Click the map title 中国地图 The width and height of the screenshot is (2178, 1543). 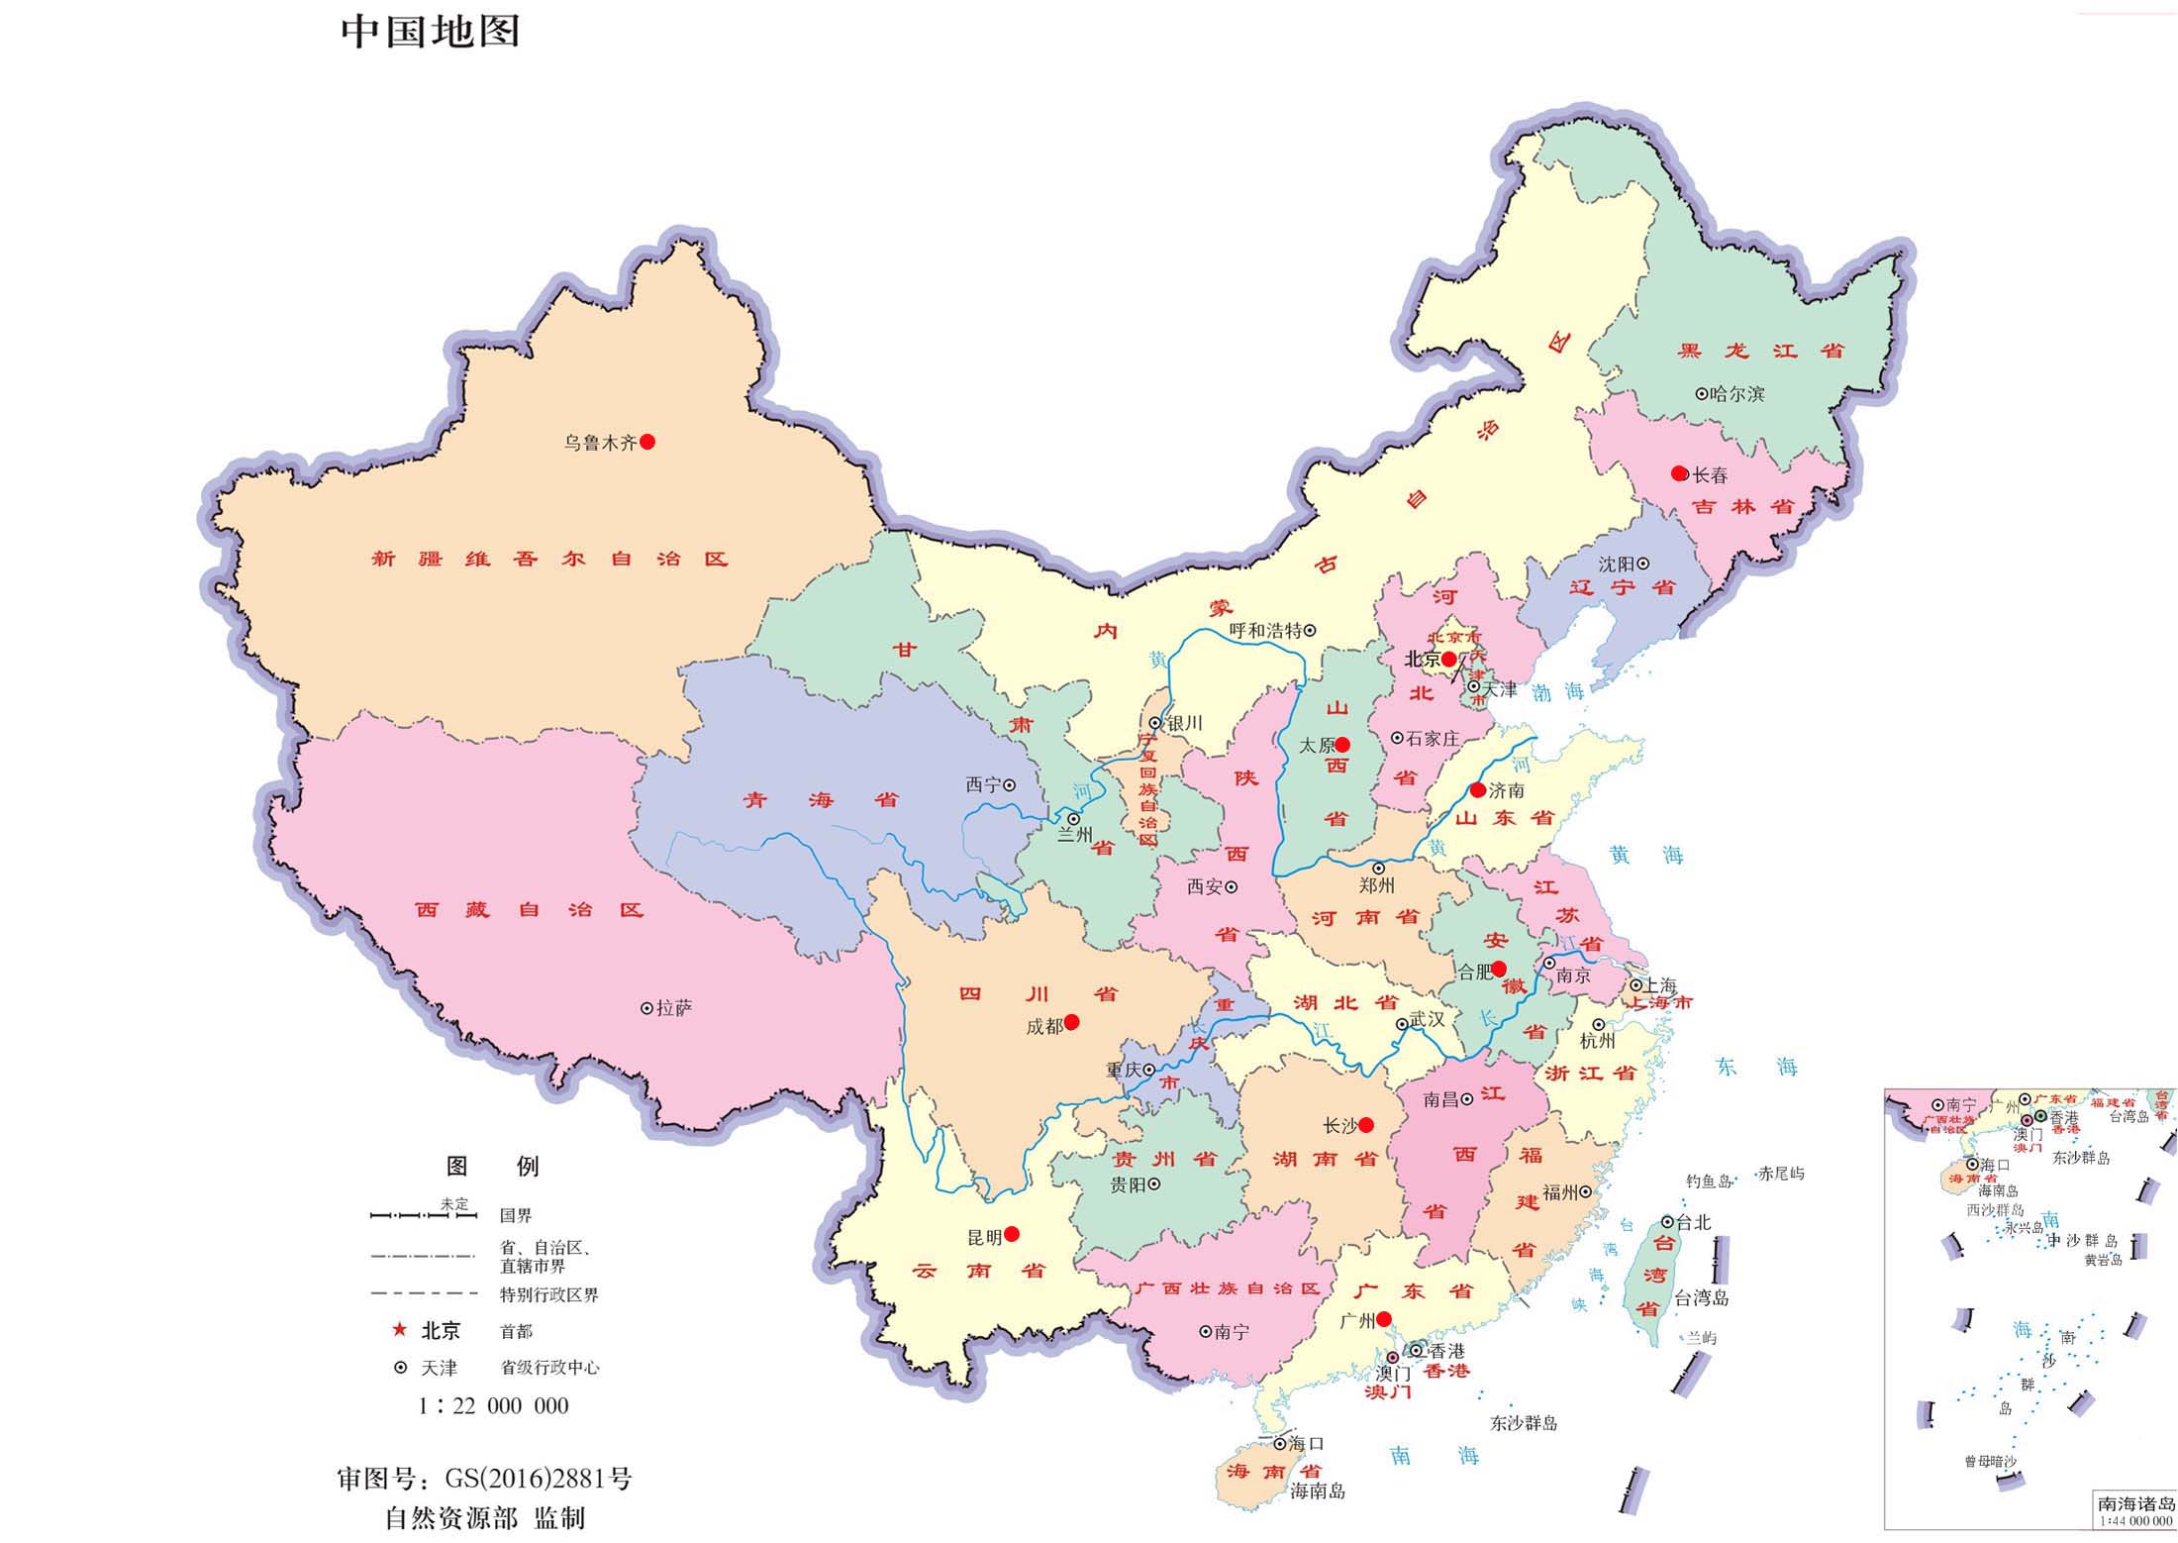pyautogui.click(x=430, y=32)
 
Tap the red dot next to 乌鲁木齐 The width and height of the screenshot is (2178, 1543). pyautogui.click(x=647, y=443)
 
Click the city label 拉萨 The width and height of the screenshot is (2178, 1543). pyautogui.click(x=674, y=1008)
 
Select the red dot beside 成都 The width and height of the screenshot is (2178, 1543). pyautogui.click(x=1071, y=1022)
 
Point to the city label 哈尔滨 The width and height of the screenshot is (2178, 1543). pyautogui.click(x=1737, y=394)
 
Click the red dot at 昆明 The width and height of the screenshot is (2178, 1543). pyautogui.click(x=1012, y=1234)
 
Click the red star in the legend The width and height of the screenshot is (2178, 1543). pyautogui.click(x=400, y=1330)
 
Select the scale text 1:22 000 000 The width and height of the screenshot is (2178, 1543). pyautogui.click(x=493, y=1406)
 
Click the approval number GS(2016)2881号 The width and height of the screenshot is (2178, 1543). pyautogui.click(x=538, y=1480)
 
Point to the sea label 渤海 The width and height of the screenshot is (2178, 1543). pyautogui.click(x=1559, y=691)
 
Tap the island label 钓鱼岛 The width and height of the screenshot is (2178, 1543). pyautogui.click(x=1709, y=1182)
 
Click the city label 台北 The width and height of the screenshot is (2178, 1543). pyautogui.click(x=1693, y=1222)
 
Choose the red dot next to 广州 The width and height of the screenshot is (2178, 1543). pyautogui.click(x=1384, y=1318)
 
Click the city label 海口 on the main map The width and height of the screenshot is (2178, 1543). pyautogui.click(x=1306, y=1444)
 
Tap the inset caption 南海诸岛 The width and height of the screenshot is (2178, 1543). pyautogui.click(x=2136, y=1503)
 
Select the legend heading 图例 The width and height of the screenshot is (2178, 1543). pyautogui.click(x=492, y=1167)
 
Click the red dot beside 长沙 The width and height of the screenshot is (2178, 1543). pyautogui.click(x=1366, y=1124)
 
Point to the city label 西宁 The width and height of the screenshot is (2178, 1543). pyautogui.click(x=983, y=785)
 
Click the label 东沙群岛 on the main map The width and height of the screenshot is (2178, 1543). pyautogui.click(x=1524, y=1423)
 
